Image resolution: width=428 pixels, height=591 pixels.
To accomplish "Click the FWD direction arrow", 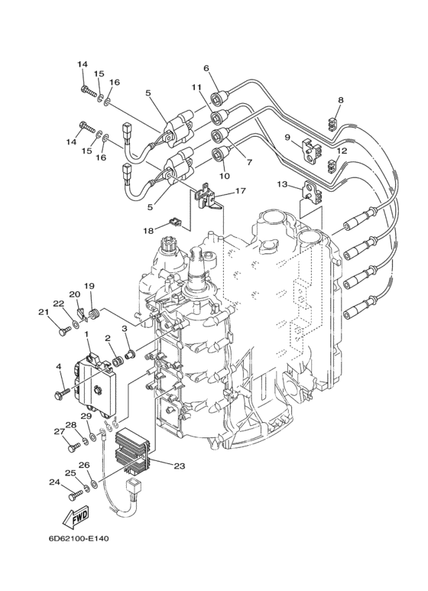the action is tap(76, 515).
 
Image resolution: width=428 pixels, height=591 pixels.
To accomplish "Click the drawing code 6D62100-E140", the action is tap(79, 538).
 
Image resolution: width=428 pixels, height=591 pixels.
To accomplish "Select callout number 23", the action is tap(180, 466).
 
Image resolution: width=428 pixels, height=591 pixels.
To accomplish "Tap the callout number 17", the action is tap(241, 190).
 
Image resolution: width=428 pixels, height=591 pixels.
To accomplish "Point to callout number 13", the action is tap(282, 184).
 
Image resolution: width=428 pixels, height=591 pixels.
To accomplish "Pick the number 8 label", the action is tap(341, 100).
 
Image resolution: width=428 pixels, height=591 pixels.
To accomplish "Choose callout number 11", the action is tap(196, 87).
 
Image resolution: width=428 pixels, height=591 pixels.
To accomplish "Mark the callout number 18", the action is tap(148, 230).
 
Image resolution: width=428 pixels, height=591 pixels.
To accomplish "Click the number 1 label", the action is tap(86, 334).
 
